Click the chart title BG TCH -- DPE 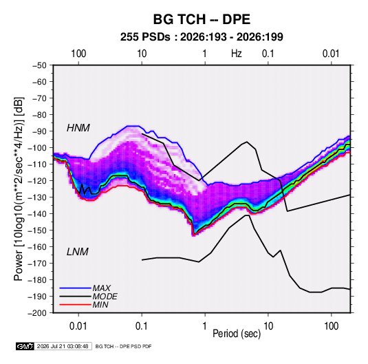pyautogui.click(x=202, y=19)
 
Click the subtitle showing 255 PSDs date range pyautogui.click(x=202, y=37)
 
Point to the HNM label pyautogui.click(x=78, y=128)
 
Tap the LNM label pyautogui.click(x=78, y=252)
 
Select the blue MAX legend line pyautogui.click(x=76, y=288)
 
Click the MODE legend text pyautogui.click(x=105, y=297)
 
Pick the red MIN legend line pyautogui.click(x=76, y=305)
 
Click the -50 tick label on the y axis pyautogui.click(x=39, y=65)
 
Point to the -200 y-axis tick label pyautogui.click(x=37, y=313)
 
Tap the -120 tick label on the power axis pyautogui.click(x=37, y=181)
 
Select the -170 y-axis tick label pyautogui.click(x=37, y=264)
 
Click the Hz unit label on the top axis pyautogui.click(x=237, y=54)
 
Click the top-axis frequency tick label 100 pyautogui.click(x=78, y=54)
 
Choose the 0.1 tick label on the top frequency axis pyautogui.click(x=268, y=54)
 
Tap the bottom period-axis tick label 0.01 pyautogui.click(x=78, y=326)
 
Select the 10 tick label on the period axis pyautogui.click(x=268, y=326)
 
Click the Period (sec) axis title pyautogui.click(x=237, y=334)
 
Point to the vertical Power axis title pyautogui.click(x=19, y=189)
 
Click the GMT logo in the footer pyautogui.click(x=25, y=346)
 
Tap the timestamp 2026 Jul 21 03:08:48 pyautogui.click(x=63, y=346)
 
